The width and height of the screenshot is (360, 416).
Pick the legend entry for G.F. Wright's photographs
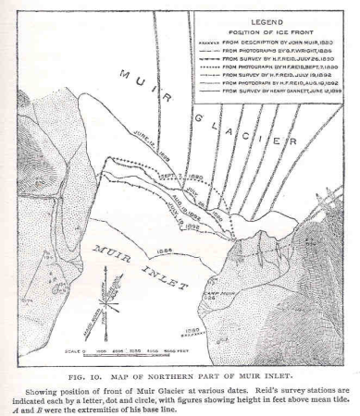pyautogui.click(x=279, y=54)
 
